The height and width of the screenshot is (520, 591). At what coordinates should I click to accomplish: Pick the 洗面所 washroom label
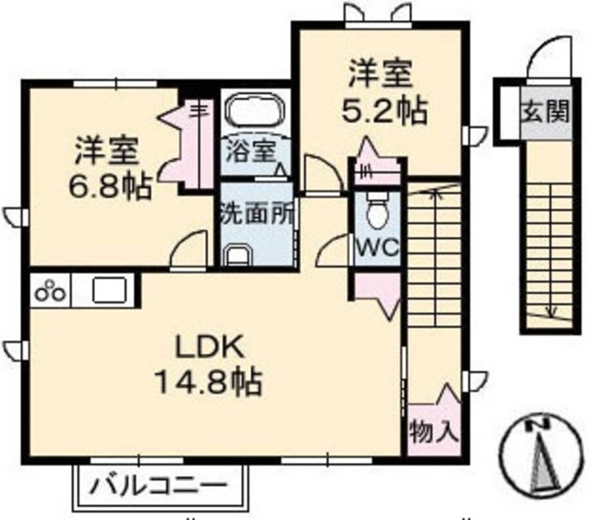pos(257,210)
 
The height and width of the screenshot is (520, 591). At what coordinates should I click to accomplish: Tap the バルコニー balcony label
pos(160,484)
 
